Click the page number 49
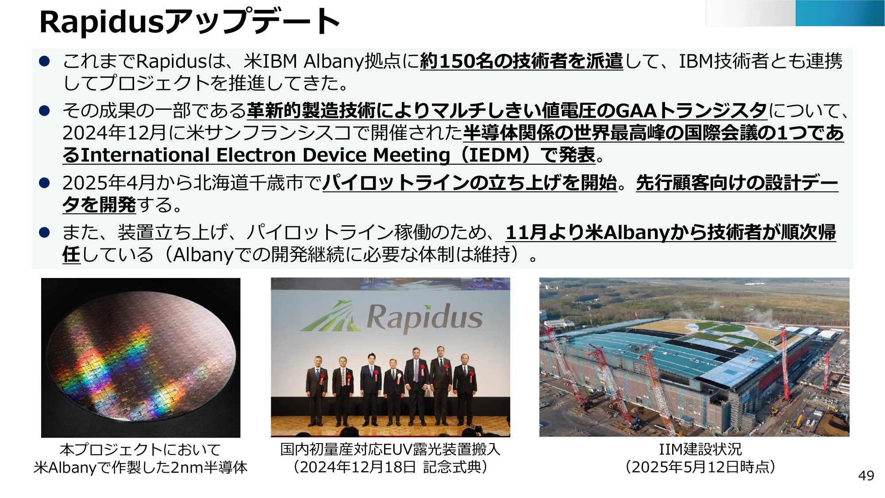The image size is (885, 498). click(866, 475)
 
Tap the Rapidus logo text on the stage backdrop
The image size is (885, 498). click(424, 317)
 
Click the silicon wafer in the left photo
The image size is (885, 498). click(141, 358)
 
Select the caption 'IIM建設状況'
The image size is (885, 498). click(700, 449)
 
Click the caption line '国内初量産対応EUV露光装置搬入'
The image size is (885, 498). click(390, 449)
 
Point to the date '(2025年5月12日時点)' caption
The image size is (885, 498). click(700, 467)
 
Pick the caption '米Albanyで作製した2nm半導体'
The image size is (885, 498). click(141, 467)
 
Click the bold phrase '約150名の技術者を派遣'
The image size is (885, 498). click(522, 61)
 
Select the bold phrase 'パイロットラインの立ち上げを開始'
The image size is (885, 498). click(470, 182)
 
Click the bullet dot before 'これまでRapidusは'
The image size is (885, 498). click(44, 61)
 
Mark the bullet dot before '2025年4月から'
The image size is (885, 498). click(44, 182)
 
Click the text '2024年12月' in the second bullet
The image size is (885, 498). click(116, 133)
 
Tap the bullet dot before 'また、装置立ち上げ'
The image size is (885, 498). click(44, 232)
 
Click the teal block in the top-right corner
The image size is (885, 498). click(840, 13)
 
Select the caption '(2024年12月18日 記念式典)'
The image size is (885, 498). click(390, 467)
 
